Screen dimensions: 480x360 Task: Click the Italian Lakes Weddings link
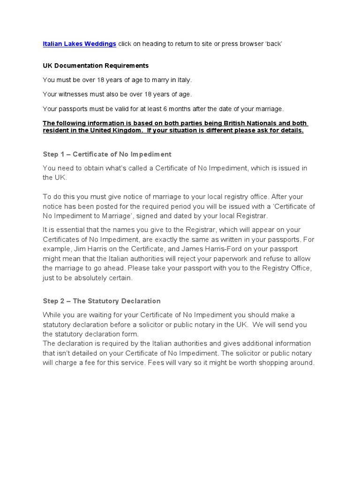click(79, 44)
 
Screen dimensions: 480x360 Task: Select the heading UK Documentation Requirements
click(96, 66)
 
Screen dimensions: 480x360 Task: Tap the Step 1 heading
click(107, 154)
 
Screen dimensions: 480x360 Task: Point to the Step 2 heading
click(101, 301)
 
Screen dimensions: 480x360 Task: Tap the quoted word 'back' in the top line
click(274, 44)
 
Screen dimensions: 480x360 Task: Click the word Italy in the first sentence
click(183, 80)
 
